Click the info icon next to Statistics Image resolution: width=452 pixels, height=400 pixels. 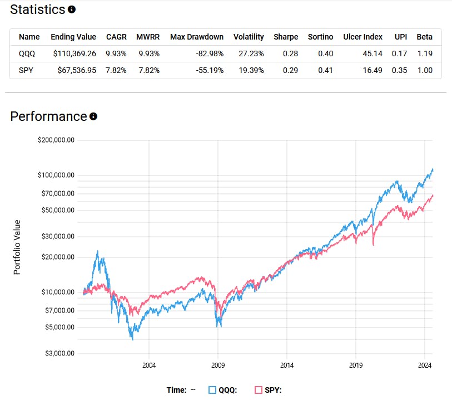coord(72,9)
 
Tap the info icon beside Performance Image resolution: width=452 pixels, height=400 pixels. coord(93,116)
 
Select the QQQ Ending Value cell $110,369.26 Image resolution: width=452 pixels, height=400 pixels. coord(73,53)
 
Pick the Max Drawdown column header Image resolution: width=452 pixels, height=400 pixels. coord(197,37)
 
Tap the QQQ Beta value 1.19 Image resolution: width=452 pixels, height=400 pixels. coord(425,53)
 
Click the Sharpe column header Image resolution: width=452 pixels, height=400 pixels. coord(286,37)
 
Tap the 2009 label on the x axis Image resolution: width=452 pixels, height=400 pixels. coord(218,365)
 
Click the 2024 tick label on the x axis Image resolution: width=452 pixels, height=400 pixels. coord(425,365)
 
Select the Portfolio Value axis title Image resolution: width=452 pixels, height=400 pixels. coord(17,247)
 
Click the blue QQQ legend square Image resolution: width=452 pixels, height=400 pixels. coord(212,390)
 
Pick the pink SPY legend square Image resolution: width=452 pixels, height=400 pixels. coord(258,390)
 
